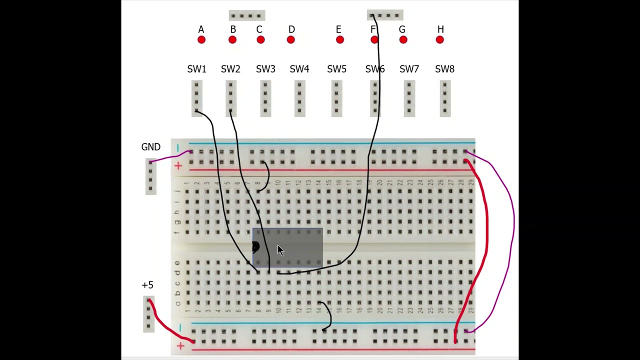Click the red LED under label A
[x=201, y=40]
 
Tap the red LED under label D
[x=291, y=40]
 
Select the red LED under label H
[x=440, y=40]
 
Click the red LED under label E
[x=340, y=40]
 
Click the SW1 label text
[x=196, y=69]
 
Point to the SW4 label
[x=299, y=69]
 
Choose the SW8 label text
[x=444, y=69]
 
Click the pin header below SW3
[x=265, y=99]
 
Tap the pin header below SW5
[x=336, y=99]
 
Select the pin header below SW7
[x=409, y=99]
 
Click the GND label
[x=150, y=147]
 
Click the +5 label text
[x=147, y=285]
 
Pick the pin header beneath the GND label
[x=150, y=176]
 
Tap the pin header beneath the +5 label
[x=148, y=314]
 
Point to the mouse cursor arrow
[x=280, y=250]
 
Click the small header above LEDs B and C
[x=246, y=15]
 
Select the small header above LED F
[x=385, y=15]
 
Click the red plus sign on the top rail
[x=178, y=166]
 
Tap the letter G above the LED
[x=402, y=29]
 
